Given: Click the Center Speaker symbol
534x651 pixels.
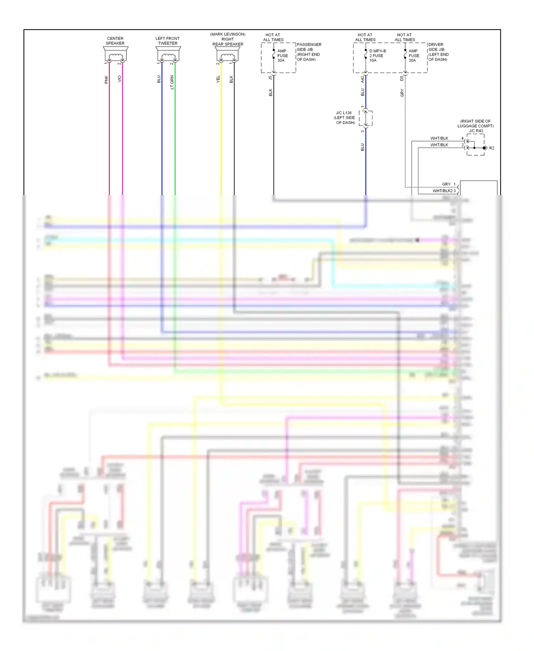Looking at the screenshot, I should (x=115, y=55).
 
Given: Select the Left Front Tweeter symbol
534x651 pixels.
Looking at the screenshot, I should (x=168, y=55).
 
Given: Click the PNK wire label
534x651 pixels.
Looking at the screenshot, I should (x=106, y=79).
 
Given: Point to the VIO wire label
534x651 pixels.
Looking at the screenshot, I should (x=120, y=79).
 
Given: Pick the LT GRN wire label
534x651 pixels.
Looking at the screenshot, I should (x=172, y=82).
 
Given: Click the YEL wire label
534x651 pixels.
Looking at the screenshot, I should (x=218, y=79).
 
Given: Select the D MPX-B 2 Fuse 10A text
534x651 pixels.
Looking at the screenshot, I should (x=377, y=56).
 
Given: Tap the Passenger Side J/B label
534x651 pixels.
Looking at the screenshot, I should (x=309, y=52).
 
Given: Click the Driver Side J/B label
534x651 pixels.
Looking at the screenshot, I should (x=438, y=52).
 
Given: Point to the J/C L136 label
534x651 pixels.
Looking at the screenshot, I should (x=345, y=118).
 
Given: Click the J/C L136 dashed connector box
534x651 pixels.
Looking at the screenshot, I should (x=366, y=118).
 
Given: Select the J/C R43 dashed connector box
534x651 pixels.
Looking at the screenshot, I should (x=475, y=145).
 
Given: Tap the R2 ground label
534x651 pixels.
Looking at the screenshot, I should (x=492, y=148).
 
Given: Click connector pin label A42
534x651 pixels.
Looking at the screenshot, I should (x=362, y=79).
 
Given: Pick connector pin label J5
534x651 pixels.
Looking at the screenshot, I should (x=270, y=77).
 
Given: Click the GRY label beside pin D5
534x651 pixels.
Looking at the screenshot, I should (x=402, y=93).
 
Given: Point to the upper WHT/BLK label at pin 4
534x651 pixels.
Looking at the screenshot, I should (x=439, y=138).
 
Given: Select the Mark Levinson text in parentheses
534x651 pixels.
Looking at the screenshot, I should (x=228, y=34).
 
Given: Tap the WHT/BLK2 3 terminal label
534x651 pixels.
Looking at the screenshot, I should (x=444, y=191).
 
